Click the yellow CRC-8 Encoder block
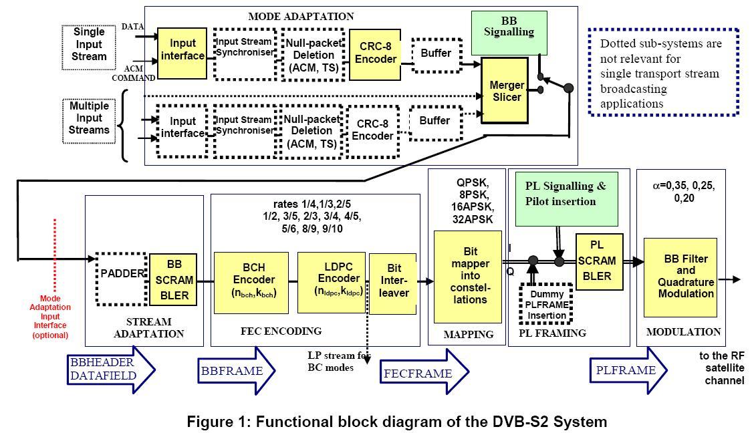click(x=375, y=53)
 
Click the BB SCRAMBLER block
click(x=174, y=279)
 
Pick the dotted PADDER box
click(x=122, y=274)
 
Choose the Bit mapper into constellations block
click(x=467, y=277)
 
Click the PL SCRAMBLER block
click(x=599, y=261)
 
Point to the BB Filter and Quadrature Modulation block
click(x=679, y=277)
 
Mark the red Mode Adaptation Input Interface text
click(x=50, y=316)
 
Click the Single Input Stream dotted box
click(x=89, y=44)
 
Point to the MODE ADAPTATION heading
click(x=301, y=16)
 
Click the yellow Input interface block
click(x=182, y=50)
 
